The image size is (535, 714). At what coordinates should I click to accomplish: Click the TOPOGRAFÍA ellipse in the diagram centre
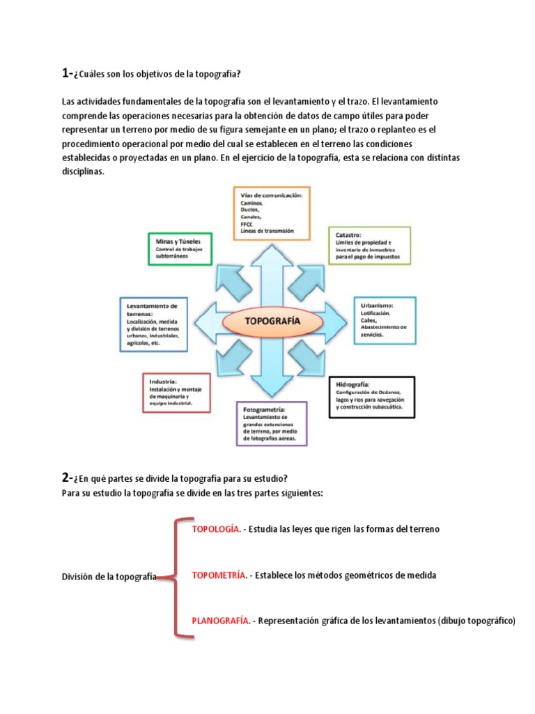(x=272, y=321)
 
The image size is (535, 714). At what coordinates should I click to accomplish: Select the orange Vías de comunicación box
(x=271, y=213)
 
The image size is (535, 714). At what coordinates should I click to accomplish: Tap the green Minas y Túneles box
(x=179, y=249)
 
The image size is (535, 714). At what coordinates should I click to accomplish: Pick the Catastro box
(x=369, y=245)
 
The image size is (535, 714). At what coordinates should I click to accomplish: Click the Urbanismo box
(x=385, y=320)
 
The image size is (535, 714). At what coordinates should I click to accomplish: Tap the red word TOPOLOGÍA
(x=216, y=529)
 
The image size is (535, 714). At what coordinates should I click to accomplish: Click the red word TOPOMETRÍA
(x=219, y=576)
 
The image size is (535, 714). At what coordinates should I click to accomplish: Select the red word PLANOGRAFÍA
(x=220, y=621)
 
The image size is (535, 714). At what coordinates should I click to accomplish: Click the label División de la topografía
(x=109, y=577)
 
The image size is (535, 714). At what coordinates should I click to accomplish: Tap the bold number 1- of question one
(x=67, y=73)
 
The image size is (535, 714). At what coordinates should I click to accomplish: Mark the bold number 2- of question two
(x=67, y=477)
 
